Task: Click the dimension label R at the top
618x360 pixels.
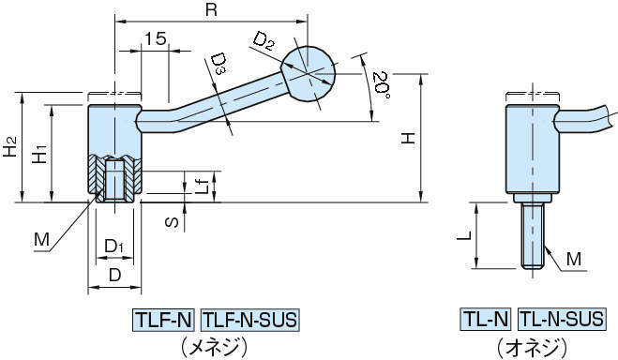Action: (211, 10)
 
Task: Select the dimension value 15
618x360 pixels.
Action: (155, 39)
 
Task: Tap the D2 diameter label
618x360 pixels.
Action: (263, 41)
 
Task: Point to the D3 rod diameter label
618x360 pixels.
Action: (219, 64)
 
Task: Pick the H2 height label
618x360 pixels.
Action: (10, 146)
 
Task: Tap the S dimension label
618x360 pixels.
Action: (172, 222)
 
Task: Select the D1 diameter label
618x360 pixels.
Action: (113, 247)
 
